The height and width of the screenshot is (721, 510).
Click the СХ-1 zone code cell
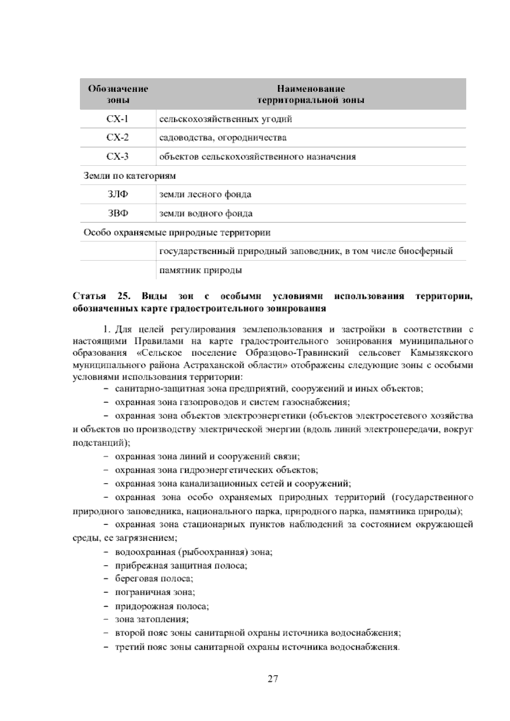click(118, 119)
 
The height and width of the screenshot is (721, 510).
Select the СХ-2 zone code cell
click(118, 138)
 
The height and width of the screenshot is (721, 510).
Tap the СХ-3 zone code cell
click(118, 157)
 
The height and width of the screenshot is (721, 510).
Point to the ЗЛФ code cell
click(118, 195)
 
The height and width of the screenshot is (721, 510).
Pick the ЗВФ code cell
click(118, 213)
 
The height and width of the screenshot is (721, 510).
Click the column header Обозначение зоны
click(118, 94)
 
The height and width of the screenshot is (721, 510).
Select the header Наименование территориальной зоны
click(311, 94)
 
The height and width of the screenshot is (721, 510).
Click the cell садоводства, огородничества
click(223, 138)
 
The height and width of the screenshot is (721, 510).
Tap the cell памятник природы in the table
click(201, 270)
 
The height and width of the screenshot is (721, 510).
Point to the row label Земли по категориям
click(130, 176)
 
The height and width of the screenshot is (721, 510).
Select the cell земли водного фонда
click(206, 213)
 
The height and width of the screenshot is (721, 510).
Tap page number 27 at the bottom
click(273, 678)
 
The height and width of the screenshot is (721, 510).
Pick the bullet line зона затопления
click(152, 619)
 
